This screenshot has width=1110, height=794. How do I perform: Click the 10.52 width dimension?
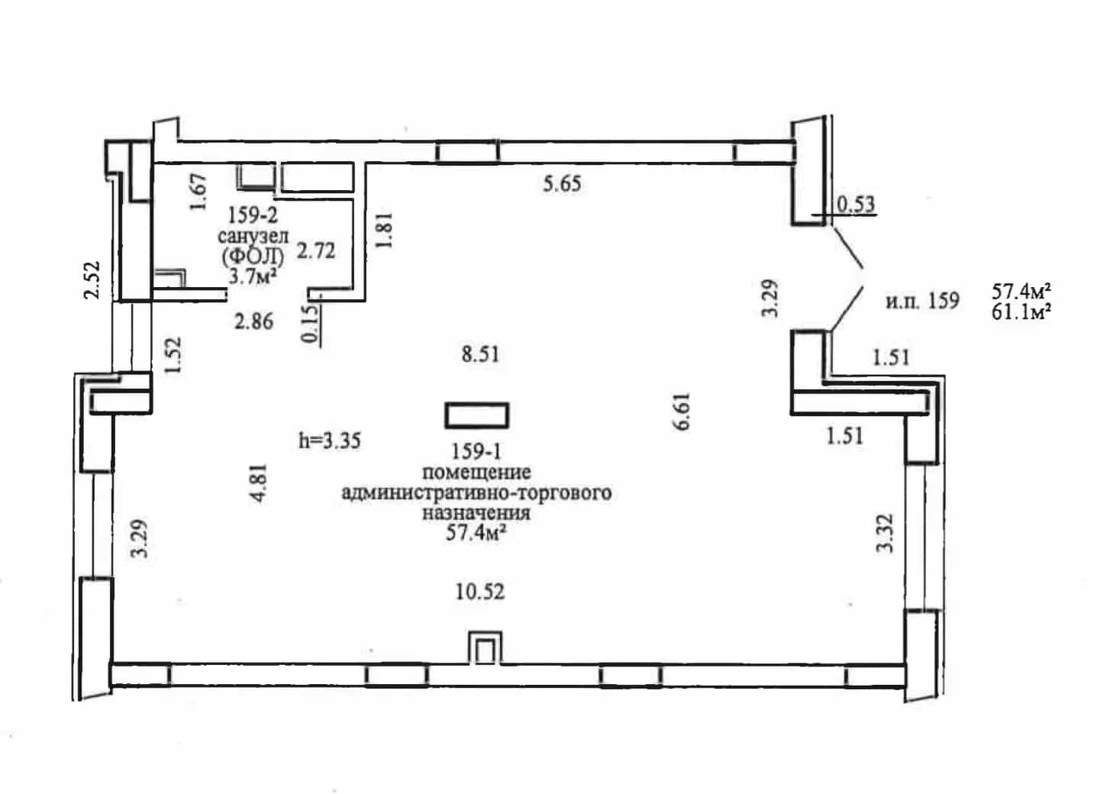pyautogui.click(x=479, y=592)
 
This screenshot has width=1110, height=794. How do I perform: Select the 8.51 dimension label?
pyautogui.click(x=480, y=354)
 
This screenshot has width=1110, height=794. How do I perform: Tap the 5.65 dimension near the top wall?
pyautogui.click(x=562, y=184)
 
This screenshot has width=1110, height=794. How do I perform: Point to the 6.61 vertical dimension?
pyautogui.click(x=682, y=412)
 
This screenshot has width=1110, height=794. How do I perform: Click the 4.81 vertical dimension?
pyautogui.click(x=260, y=483)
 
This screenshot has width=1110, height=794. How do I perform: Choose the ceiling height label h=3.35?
pyautogui.click(x=330, y=441)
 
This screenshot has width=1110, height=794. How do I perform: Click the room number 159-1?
pyautogui.click(x=476, y=451)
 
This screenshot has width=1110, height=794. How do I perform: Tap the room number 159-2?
pyautogui.click(x=252, y=215)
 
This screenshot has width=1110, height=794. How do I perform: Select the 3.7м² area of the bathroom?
pyautogui.click(x=252, y=276)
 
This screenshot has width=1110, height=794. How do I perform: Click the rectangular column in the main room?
pyautogui.click(x=476, y=415)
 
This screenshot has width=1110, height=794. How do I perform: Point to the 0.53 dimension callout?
pyautogui.click(x=856, y=204)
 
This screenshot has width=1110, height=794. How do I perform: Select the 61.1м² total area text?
pyautogui.click(x=1021, y=312)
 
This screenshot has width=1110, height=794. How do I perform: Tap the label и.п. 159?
pyautogui.click(x=922, y=301)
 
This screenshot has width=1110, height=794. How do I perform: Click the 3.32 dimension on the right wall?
pyautogui.click(x=885, y=534)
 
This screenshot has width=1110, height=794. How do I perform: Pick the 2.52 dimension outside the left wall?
pyautogui.click(x=92, y=280)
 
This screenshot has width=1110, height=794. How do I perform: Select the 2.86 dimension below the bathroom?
pyautogui.click(x=253, y=321)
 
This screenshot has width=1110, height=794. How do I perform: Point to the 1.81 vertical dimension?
pyautogui.click(x=384, y=231)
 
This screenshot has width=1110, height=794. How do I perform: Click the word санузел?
pyautogui.click(x=253, y=236)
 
